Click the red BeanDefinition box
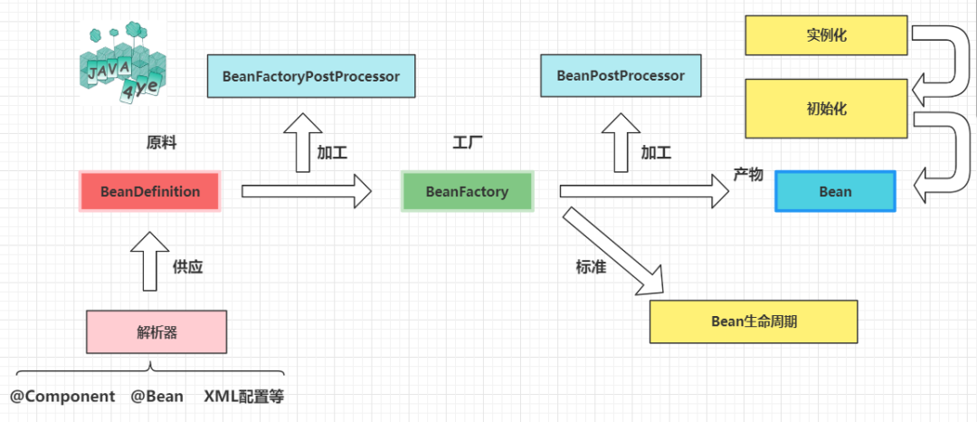click(150, 191)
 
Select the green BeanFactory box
click(468, 191)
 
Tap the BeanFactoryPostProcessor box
click(311, 76)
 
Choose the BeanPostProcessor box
click(621, 75)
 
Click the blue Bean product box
click(835, 191)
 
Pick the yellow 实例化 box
click(826, 35)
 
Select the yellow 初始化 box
click(826, 109)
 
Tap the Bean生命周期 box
click(754, 321)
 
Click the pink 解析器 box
click(157, 332)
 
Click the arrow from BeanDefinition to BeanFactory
click(306, 191)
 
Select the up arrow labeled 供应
click(148, 262)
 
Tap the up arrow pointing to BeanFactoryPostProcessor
click(303, 143)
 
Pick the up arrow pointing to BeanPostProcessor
click(621, 143)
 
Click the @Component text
click(62, 397)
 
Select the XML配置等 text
click(244, 397)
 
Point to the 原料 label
click(161, 143)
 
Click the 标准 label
click(591, 267)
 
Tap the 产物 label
click(748, 175)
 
